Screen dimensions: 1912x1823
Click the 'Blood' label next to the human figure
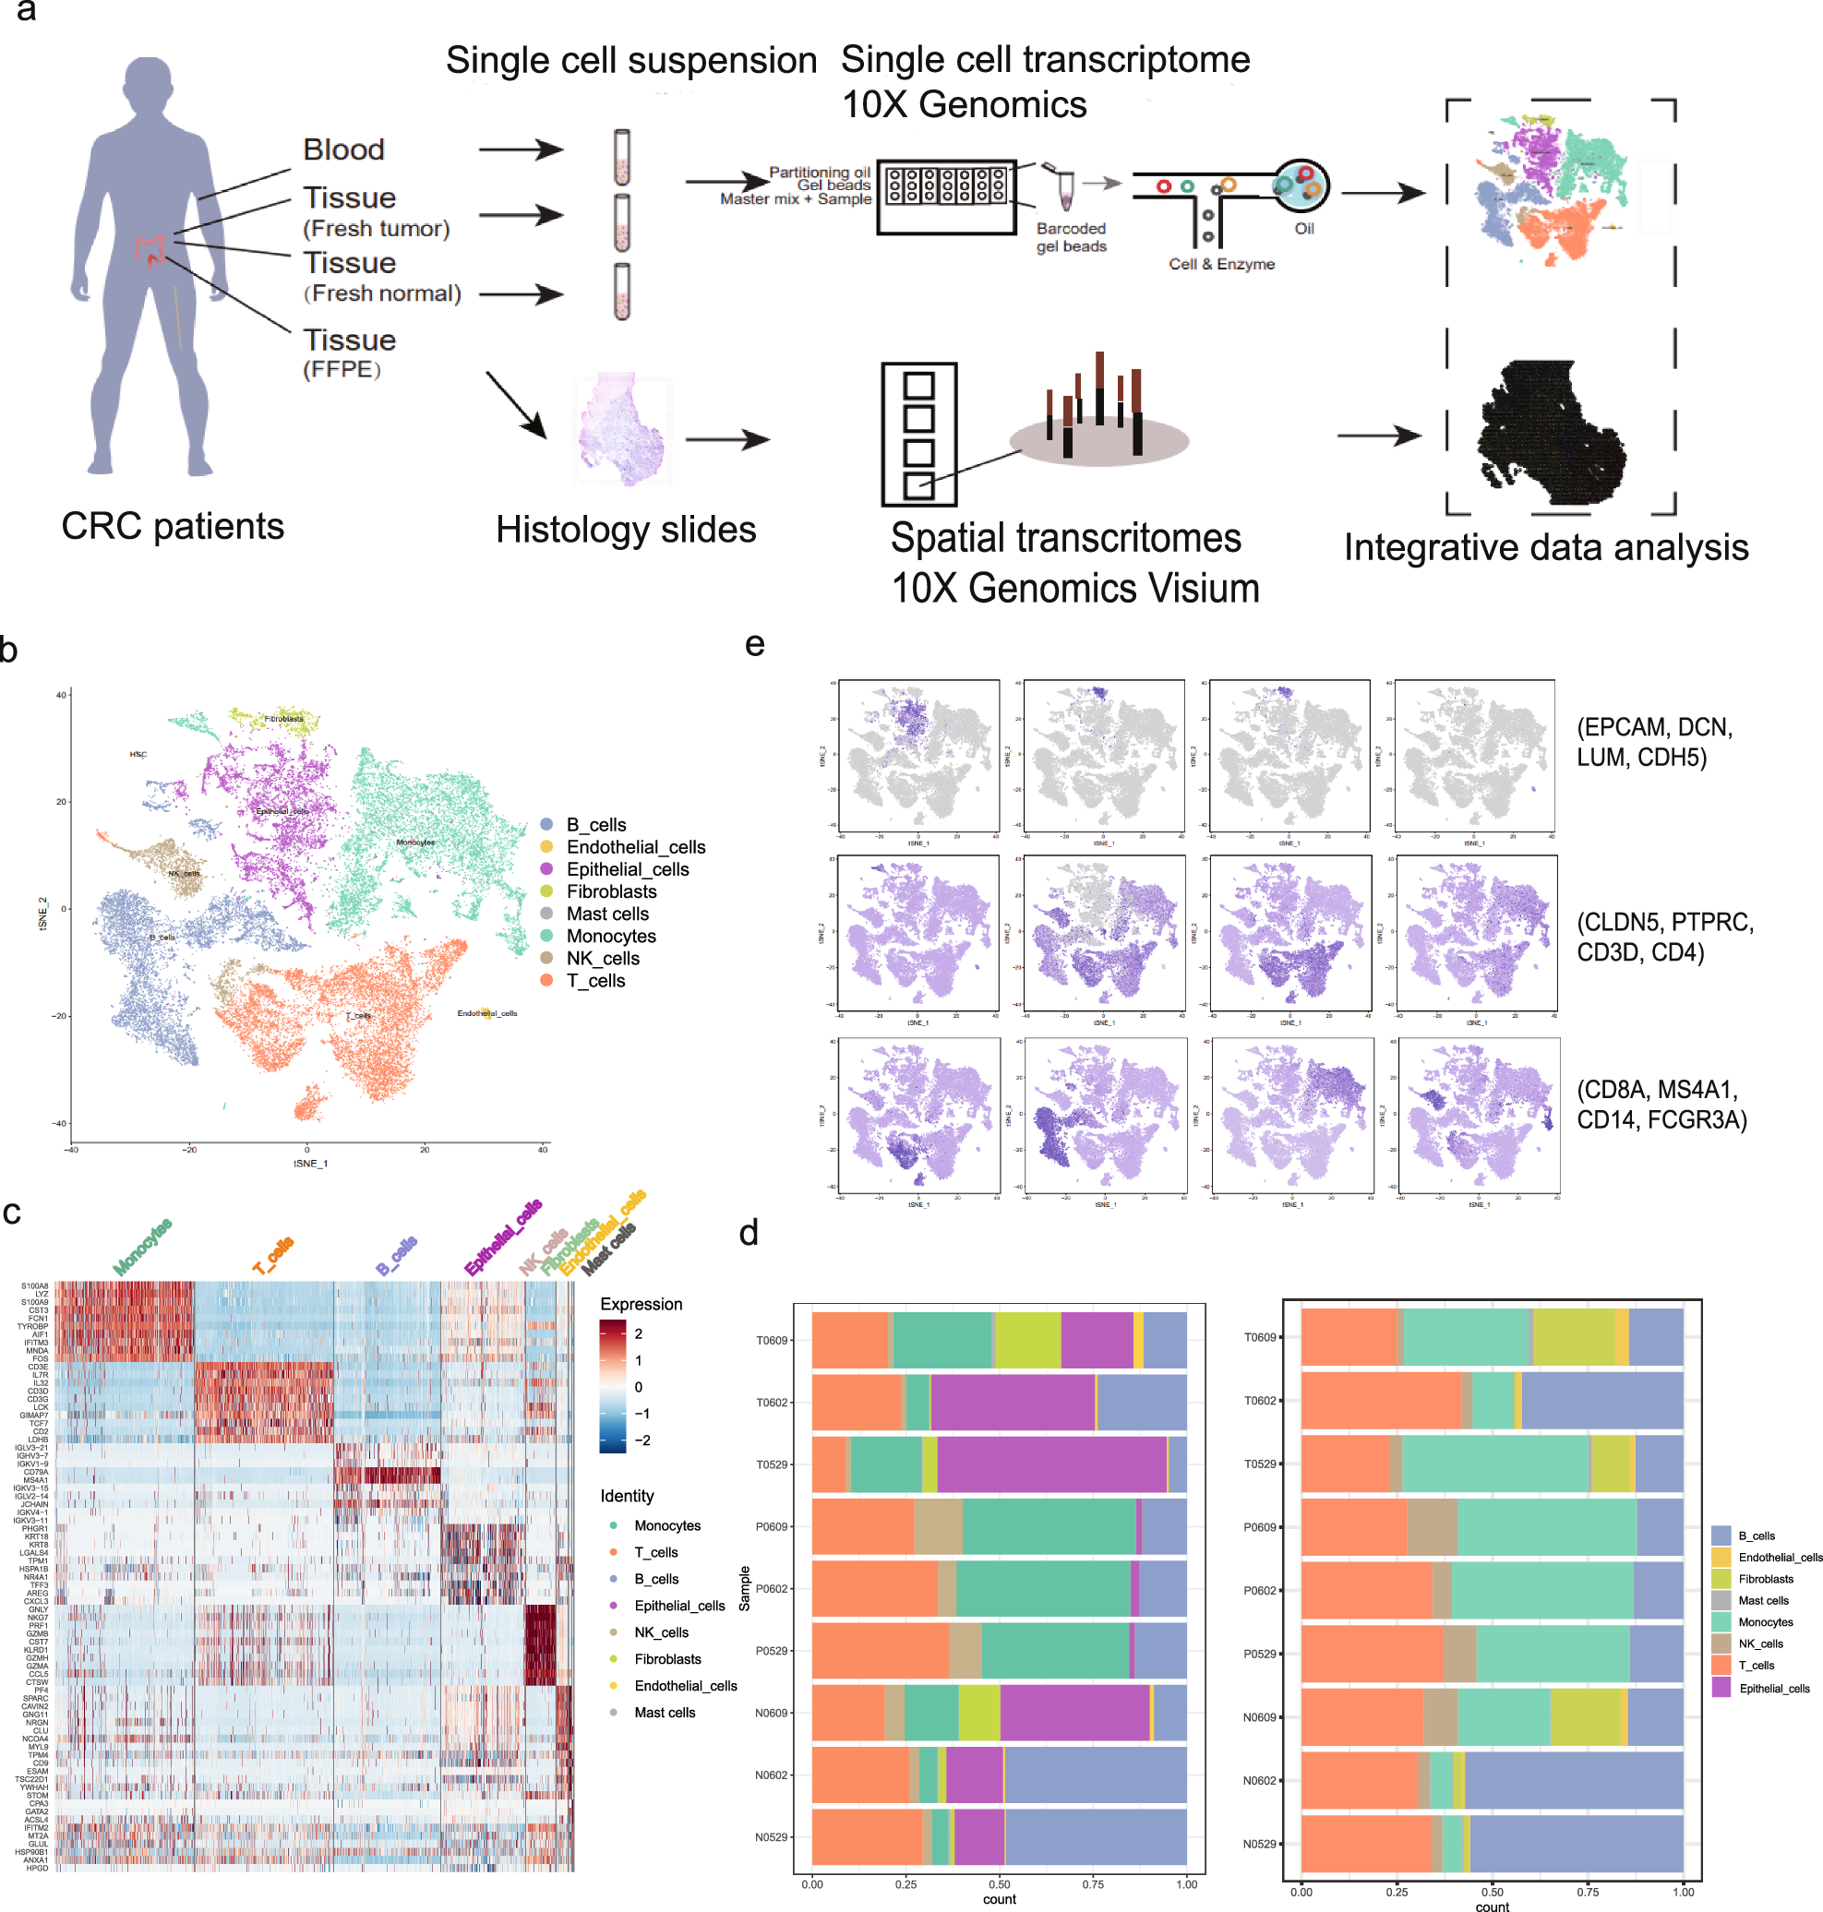point(343,149)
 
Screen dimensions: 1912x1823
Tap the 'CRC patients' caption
point(172,526)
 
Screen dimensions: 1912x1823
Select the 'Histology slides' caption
point(625,530)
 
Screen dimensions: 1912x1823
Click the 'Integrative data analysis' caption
point(1545,547)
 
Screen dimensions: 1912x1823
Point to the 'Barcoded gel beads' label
point(1071,237)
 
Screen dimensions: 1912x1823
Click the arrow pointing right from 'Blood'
point(521,149)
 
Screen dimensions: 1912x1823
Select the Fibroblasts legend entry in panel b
point(610,890)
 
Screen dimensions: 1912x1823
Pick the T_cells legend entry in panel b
point(594,980)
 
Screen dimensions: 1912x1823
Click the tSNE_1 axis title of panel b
point(311,1163)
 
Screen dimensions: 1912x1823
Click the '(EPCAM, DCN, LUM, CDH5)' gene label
point(1654,741)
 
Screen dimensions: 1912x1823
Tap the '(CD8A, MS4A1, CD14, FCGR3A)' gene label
point(1661,1104)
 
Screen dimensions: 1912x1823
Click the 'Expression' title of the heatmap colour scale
point(641,1304)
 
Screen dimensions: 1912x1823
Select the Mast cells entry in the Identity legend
point(664,1712)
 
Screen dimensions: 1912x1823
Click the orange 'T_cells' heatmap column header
point(273,1255)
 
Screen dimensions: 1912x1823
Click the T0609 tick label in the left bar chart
point(772,1340)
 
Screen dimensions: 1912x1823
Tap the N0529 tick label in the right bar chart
point(1259,1843)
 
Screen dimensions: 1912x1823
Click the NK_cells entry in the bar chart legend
point(1759,1643)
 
